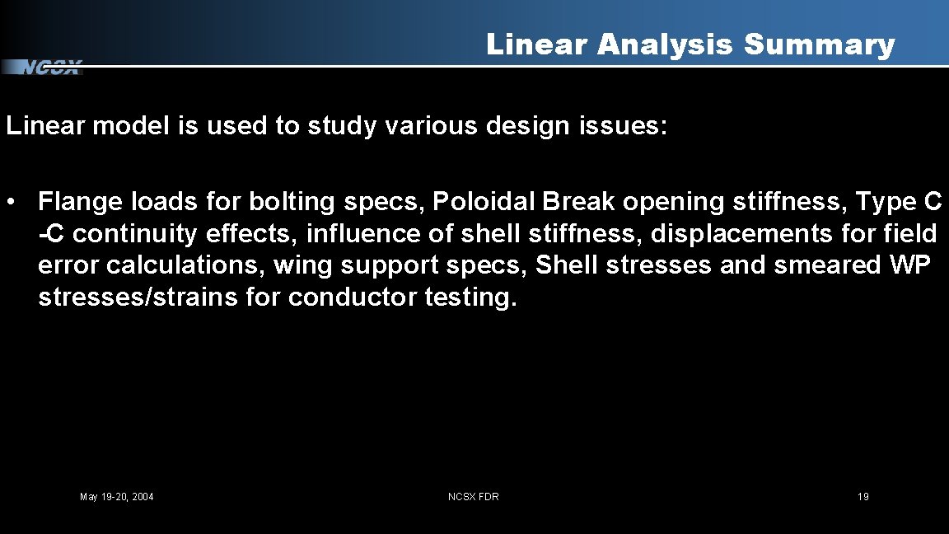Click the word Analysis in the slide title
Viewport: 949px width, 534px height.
pyautogui.click(x=665, y=44)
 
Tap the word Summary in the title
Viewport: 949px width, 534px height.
pyautogui.click(x=819, y=44)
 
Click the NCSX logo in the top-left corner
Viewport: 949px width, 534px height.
pyautogui.click(x=50, y=68)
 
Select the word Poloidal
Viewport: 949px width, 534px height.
pyautogui.click(x=483, y=202)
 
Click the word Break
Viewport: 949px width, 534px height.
pyautogui.click(x=578, y=202)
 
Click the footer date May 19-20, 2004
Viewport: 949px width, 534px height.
pyautogui.click(x=116, y=497)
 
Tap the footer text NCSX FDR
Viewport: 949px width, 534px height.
pyautogui.click(x=473, y=497)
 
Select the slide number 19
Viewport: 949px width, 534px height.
pyautogui.click(x=863, y=497)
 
